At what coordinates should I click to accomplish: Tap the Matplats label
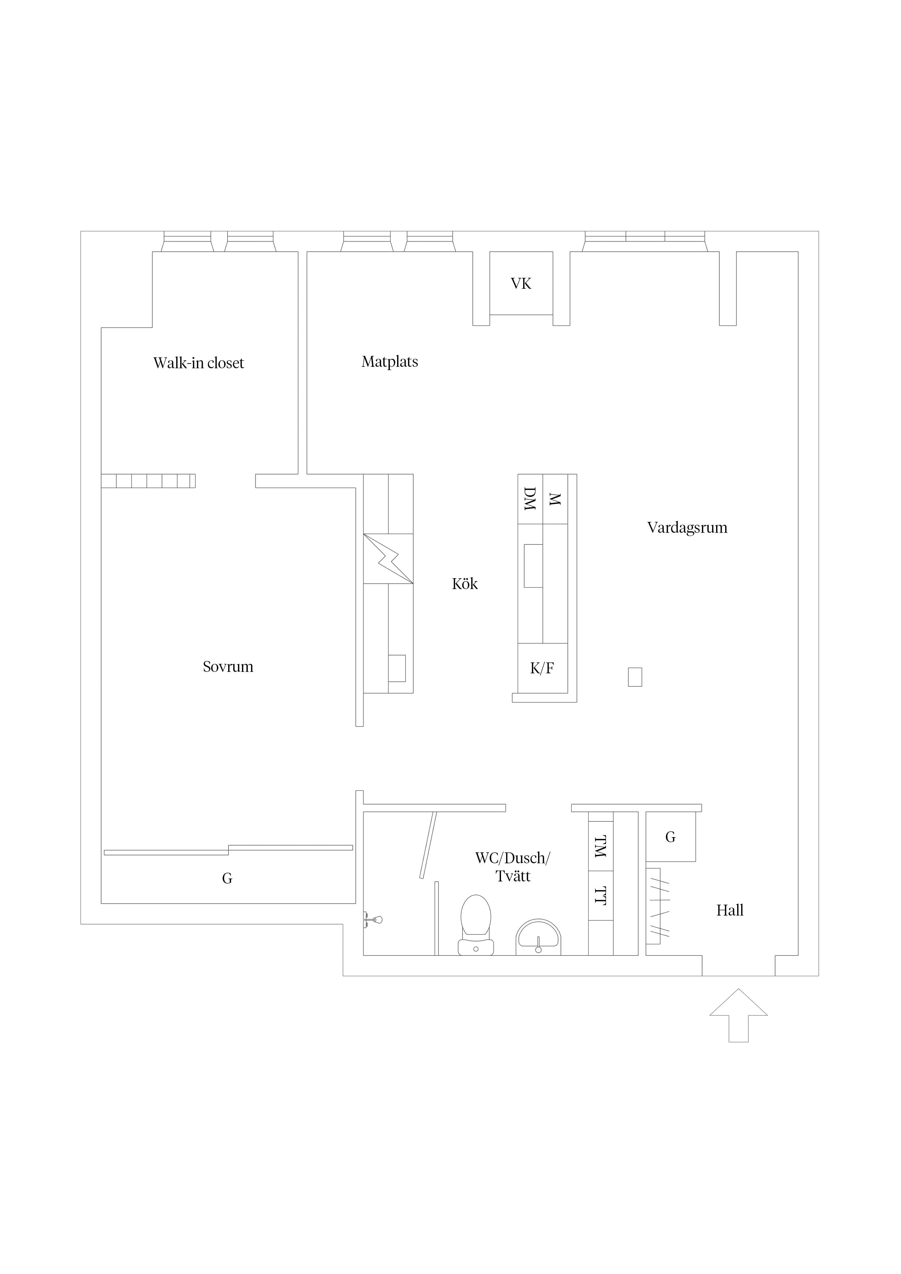pos(390,362)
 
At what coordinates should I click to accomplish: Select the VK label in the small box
pos(521,284)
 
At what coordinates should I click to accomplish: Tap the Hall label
pos(730,910)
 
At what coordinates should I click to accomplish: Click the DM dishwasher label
pos(530,499)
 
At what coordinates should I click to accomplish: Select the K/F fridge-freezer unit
pos(542,668)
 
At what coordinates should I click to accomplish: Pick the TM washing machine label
pos(601,846)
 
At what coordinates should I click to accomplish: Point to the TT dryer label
pos(601,896)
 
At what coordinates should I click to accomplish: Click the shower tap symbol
pos(373,920)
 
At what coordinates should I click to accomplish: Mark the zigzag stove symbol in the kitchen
pos(389,559)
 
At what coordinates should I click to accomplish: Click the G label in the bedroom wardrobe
pos(227,879)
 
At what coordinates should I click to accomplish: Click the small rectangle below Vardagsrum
pos(635,677)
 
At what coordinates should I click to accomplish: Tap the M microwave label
pos(555,499)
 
